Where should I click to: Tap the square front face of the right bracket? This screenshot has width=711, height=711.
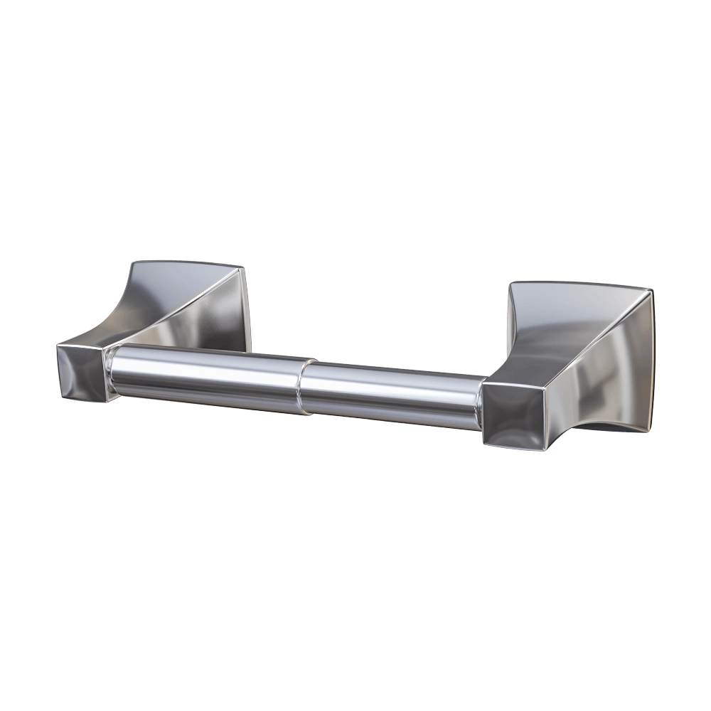coord(514,414)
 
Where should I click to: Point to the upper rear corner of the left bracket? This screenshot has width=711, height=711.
coord(244,268)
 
